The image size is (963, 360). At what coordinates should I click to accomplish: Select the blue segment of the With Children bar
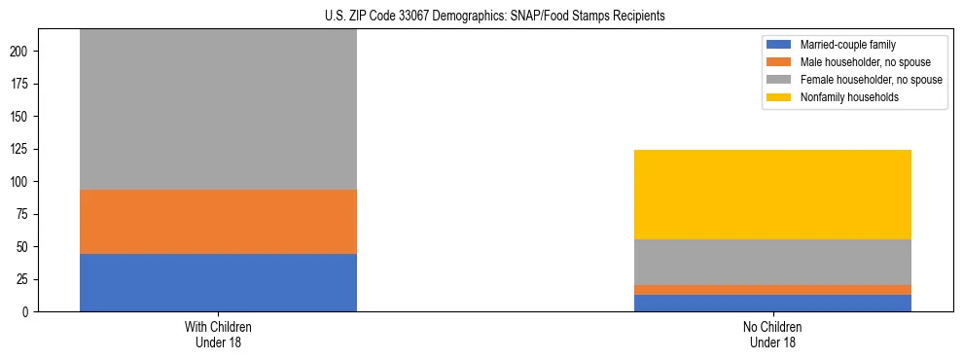218,282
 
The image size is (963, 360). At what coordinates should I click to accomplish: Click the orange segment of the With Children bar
218,221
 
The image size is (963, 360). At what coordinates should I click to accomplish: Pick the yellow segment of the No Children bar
772,195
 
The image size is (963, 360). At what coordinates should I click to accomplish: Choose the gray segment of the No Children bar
772,262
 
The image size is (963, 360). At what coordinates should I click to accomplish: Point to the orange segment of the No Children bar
772,290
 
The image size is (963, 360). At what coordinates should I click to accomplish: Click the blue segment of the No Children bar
772,303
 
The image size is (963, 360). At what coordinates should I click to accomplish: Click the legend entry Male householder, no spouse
855,62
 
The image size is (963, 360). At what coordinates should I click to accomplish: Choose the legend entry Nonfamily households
842,97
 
